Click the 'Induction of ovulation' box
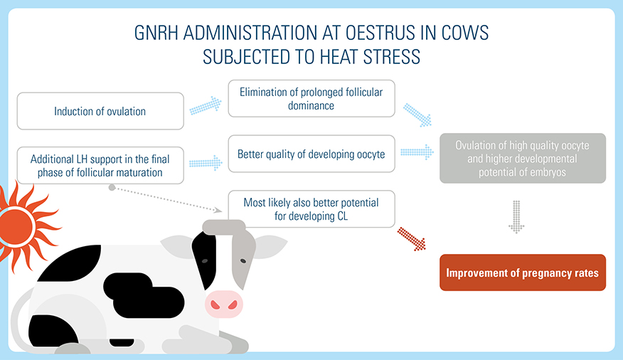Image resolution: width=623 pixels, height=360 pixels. click(x=100, y=111)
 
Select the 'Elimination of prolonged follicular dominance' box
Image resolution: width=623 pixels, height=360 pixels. click(x=311, y=98)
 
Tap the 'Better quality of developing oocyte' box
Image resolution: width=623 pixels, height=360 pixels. click(x=311, y=154)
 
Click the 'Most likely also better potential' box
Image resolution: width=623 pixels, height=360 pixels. click(x=311, y=209)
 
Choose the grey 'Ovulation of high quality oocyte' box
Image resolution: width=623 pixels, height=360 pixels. click(x=522, y=158)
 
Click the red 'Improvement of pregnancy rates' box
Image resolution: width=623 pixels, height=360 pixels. click(x=522, y=272)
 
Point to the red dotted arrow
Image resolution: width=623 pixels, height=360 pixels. click(x=412, y=238)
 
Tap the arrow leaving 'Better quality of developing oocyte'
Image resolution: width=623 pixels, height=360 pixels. click(x=417, y=152)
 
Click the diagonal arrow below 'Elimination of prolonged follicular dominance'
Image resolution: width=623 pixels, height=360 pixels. click(x=417, y=115)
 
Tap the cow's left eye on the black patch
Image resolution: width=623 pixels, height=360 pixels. click(x=205, y=261)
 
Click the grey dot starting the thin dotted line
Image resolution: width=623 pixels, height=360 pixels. click(x=112, y=188)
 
